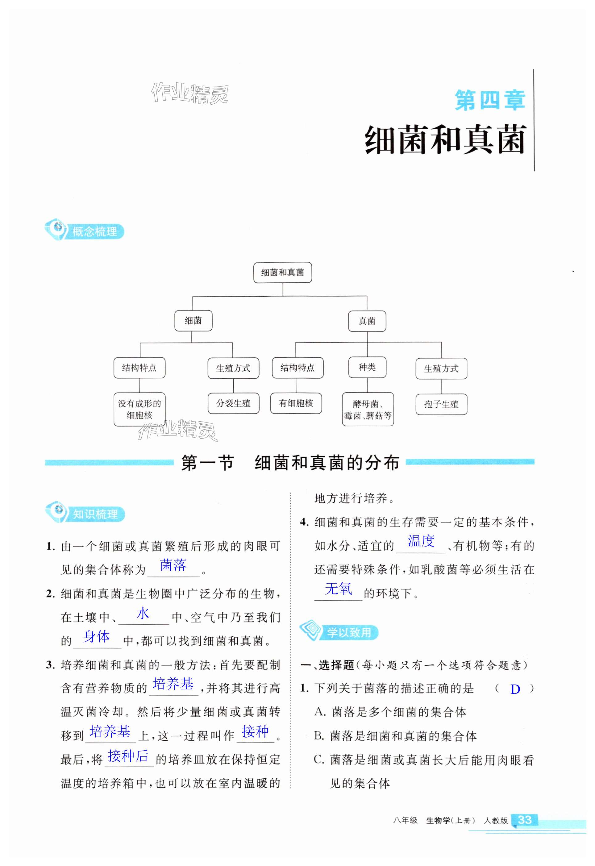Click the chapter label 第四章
(489, 100)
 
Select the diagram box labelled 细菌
(193, 321)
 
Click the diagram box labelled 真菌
(367, 321)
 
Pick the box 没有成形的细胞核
(139, 409)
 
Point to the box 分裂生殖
(233, 403)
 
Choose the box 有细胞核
(296, 403)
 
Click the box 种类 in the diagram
(367, 367)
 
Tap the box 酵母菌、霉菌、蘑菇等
(368, 409)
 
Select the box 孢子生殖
(441, 405)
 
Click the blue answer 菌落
(173, 565)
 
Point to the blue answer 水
(143, 613)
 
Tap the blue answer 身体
(97, 637)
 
